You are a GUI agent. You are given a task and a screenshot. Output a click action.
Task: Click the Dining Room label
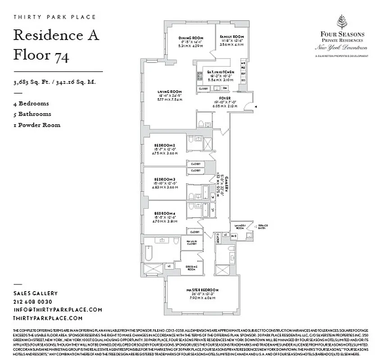191,38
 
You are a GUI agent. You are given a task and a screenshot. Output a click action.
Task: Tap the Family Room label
232,37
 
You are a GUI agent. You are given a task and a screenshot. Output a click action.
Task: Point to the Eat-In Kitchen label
220,72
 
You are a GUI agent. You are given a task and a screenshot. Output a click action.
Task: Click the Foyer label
225,98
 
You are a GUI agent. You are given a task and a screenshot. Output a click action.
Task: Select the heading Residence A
56,35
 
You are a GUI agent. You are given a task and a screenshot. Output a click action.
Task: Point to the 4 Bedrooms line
31,103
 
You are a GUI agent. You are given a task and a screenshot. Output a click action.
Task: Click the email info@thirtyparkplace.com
58,310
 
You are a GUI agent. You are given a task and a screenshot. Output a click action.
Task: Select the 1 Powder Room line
36,125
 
